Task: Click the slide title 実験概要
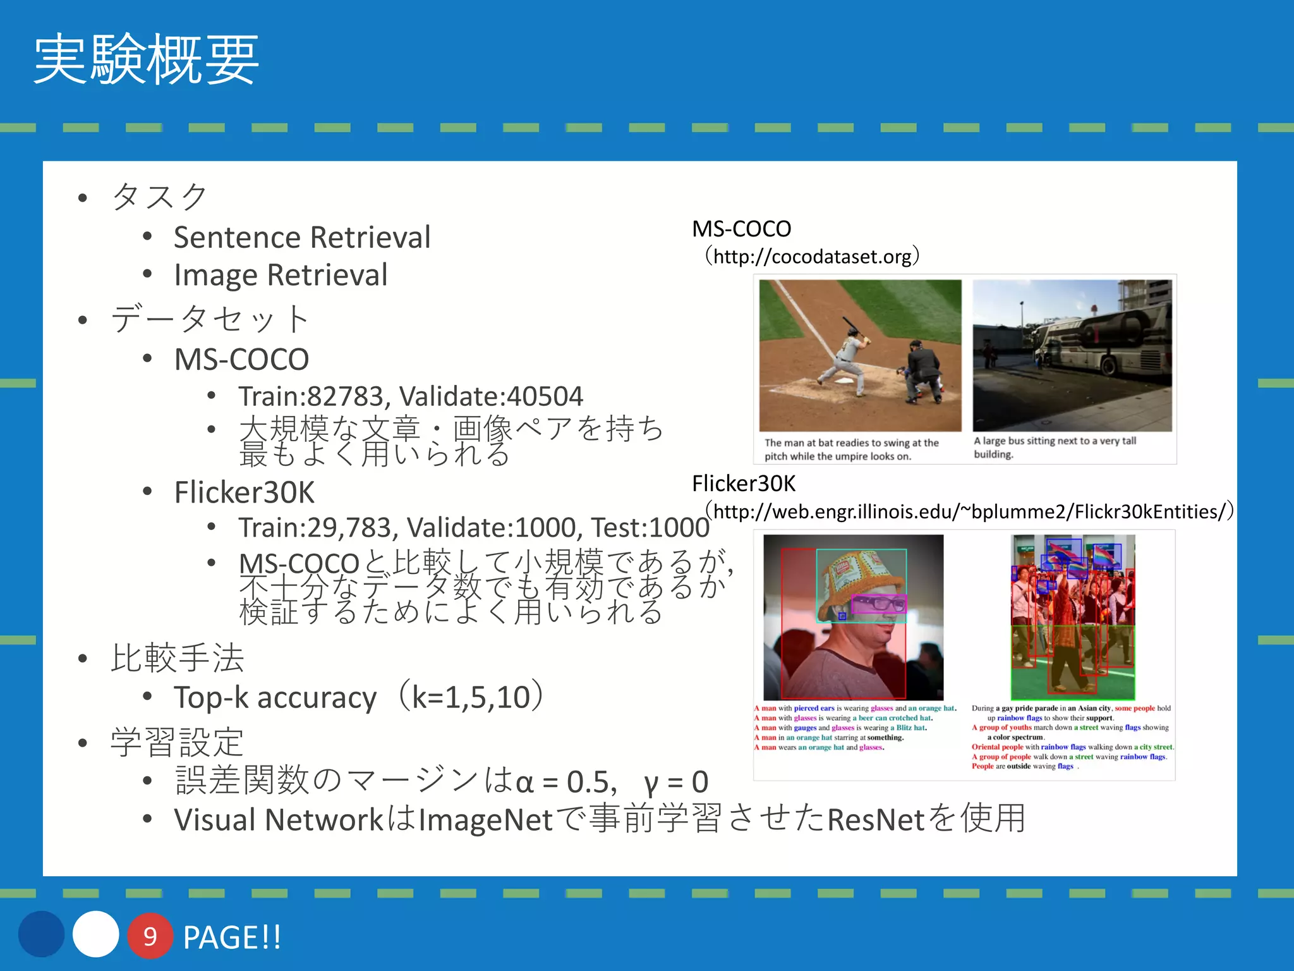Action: pos(146,60)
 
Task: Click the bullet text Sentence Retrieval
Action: pos(302,238)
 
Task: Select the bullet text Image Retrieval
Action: pos(281,275)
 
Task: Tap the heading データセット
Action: pos(210,318)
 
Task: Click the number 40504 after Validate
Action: pos(545,397)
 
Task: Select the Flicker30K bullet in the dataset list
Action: pos(244,492)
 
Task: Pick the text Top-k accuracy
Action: pos(275,698)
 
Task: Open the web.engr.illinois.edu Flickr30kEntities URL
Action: pos(969,511)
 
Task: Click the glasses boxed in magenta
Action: pos(878,604)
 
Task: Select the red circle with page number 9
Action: pos(150,936)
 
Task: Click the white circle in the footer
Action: pos(95,934)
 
